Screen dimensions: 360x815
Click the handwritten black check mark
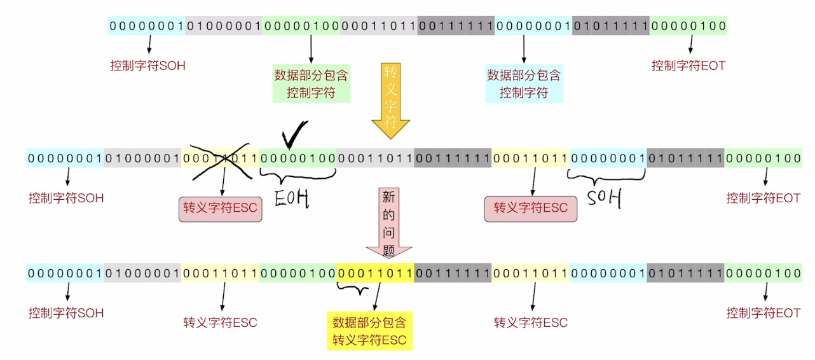pos(293,132)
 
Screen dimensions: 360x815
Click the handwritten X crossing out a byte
pos(219,158)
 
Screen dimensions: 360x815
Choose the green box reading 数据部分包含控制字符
pos(311,84)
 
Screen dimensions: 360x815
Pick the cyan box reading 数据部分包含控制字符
pos(524,84)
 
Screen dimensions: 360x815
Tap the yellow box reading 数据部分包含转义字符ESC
pos(369,330)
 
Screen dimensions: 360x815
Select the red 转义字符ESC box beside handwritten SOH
pos(530,208)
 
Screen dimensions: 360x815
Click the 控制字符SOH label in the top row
pos(147,66)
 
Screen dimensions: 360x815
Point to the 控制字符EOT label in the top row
pos(688,66)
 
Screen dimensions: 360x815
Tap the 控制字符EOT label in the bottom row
pos(763,313)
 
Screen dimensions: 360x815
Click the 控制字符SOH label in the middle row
pos(66,198)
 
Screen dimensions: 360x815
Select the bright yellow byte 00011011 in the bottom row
pos(375,273)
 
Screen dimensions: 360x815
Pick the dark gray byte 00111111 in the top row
pos(456,26)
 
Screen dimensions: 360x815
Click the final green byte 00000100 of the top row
pos(688,26)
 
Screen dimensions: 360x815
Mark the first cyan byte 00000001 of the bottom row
pos(64,273)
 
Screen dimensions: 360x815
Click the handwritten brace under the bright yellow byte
pos(352,289)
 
